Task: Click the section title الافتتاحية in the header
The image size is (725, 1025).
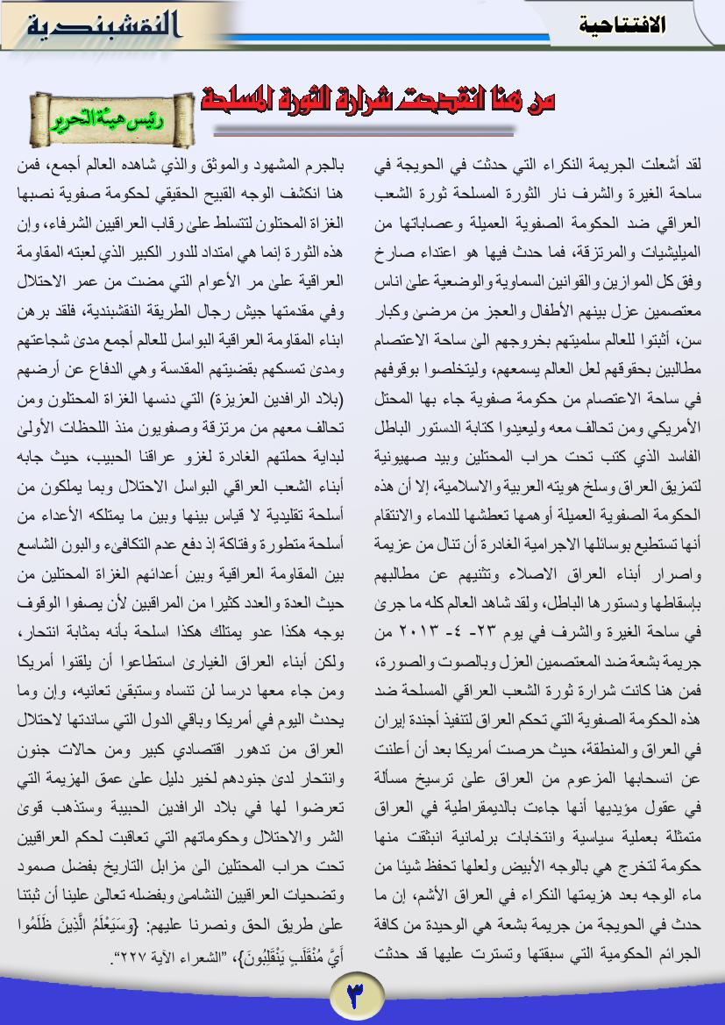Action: click(x=622, y=25)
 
